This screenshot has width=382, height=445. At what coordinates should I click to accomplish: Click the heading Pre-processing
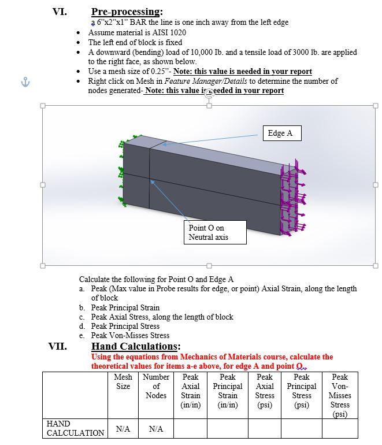click(x=127, y=12)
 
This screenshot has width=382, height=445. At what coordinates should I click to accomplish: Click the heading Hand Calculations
click(x=136, y=346)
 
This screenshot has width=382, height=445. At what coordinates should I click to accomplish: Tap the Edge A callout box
click(x=281, y=133)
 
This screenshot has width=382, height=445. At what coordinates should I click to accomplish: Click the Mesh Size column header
click(x=123, y=381)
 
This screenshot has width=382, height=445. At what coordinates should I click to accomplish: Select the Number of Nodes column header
click(x=155, y=386)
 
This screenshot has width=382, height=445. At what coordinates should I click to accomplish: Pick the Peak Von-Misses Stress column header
click(x=340, y=395)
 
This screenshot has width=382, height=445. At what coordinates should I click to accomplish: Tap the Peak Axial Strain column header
click(x=191, y=391)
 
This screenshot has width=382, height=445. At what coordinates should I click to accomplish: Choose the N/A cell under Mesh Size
click(x=123, y=429)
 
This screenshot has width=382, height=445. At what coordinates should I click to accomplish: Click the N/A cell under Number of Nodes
click(x=155, y=429)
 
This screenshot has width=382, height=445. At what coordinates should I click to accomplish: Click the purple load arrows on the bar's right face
click(x=292, y=196)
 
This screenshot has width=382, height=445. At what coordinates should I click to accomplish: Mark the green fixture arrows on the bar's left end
click(x=123, y=173)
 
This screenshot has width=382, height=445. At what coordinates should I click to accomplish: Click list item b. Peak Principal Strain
click(x=125, y=307)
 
